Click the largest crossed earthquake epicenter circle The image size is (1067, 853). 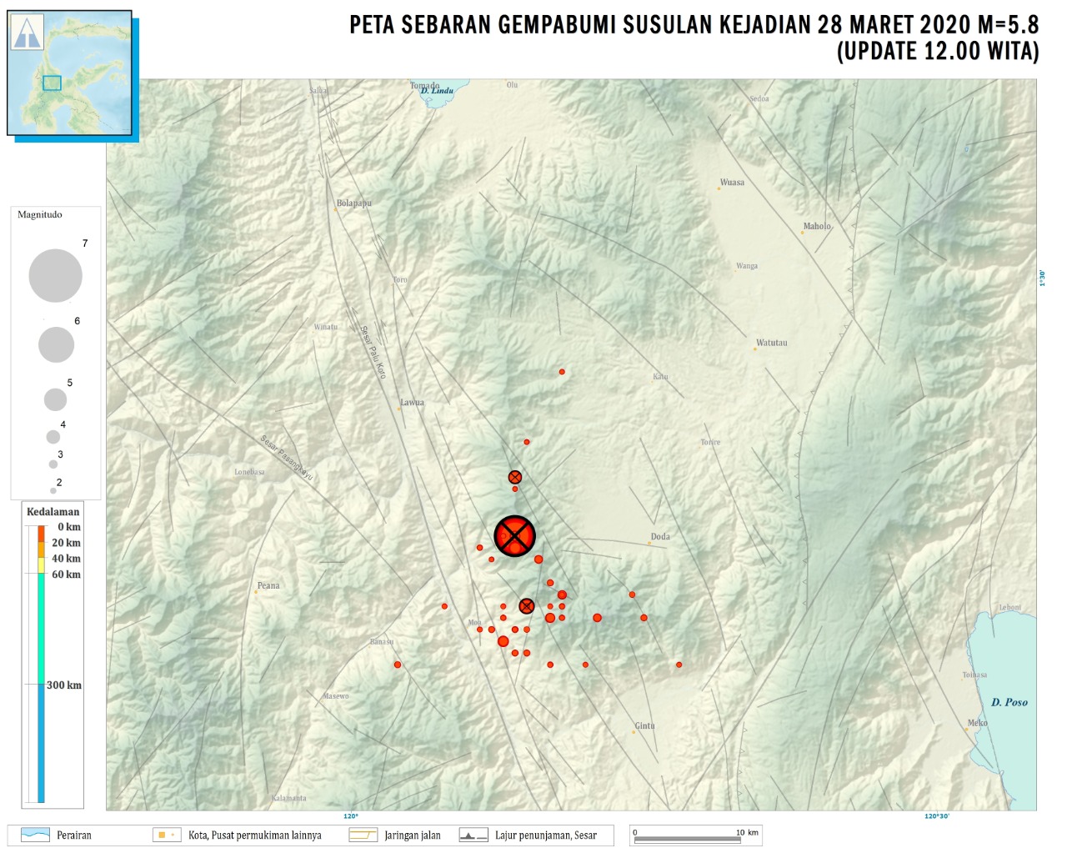pyautogui.click(x=514, y=535)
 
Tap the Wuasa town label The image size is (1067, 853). pyautogui.click(x=732, y=183)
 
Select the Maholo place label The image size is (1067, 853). pyautogui.click(x=817, y=227)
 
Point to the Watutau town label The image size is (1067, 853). pyautogui.click(x=771, y=343)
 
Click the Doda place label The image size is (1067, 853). pyautogui.click(x=660, y=537)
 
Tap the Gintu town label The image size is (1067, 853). pyautogui.click(x=644, y=726)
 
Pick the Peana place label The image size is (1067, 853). pyautogui.click(x=268, y=586)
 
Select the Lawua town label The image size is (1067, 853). pyautogui.click(x=412, y=403)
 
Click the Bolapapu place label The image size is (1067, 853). pyautogui.click(x=354, y=203)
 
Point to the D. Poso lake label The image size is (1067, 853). pyautogui.click(x=1009, y=703)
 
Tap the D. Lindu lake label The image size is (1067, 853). pyautogui.click(x=437, y=91)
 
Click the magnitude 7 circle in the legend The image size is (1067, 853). pyautogui.click(x=56, y=275)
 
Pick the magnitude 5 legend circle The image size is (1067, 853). pyautogui.click(x=55, y=399)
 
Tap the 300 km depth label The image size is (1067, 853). pyautogui.click(x=64, y=685)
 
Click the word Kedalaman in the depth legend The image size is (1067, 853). pyautogui.click(x=53, y=512)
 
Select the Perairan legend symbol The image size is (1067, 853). pyautogui.click(x=35, y=835)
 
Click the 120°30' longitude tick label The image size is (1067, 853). pyautogui.click(x=936, y=816)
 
